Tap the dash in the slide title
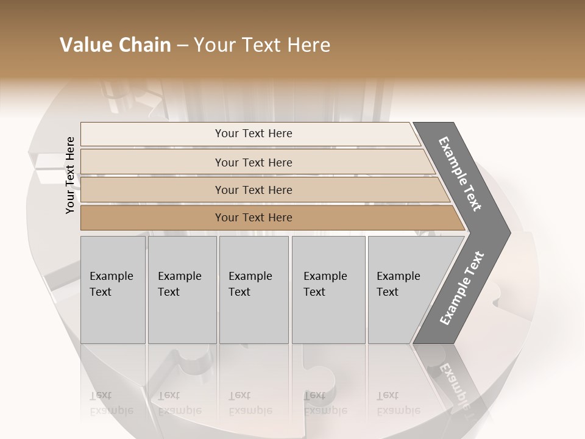coord(182,46)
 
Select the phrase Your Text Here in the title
coord(262,45)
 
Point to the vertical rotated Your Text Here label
coord(70,175)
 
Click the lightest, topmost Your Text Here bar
coord(253,134)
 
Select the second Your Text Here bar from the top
coord(253,162)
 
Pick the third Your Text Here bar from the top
coord(253,190)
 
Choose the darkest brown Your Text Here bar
coord(253,218)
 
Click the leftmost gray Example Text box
coord(113,290)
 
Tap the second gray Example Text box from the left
coord(182,290)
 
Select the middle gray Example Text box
coord(253,290)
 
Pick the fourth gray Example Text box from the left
coord(328,290)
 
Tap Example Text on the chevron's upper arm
coord(461,174)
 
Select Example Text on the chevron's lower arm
coord(462,288)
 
